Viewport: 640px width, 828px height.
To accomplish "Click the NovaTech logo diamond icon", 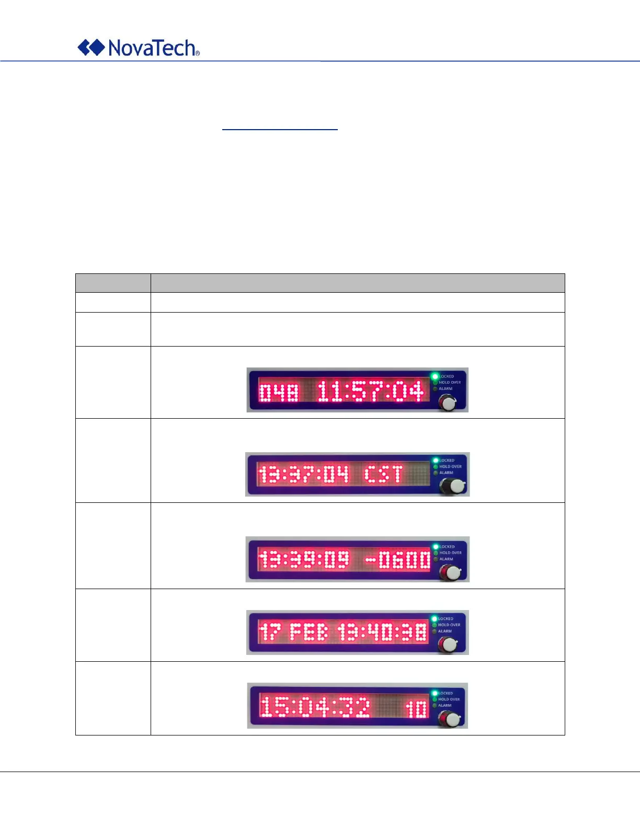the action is click(91, 48).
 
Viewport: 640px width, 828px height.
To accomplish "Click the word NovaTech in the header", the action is click(152, 48).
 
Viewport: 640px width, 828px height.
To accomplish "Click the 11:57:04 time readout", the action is click(370, 392).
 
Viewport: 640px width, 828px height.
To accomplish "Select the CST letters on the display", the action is click(383, 475).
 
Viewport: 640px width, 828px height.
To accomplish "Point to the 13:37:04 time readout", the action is click(303, 475).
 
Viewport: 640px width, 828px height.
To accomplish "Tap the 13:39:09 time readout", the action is click(304, 560).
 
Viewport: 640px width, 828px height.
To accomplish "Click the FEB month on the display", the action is click(309, 632).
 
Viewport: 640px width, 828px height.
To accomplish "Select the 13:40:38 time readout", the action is click(382, 632).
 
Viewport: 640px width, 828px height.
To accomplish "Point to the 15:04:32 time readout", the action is click(315, 707).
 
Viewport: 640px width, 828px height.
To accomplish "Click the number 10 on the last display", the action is click(417, 709).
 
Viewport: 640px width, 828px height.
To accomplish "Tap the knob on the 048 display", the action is click(448, 402).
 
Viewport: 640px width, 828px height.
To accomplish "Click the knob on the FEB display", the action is click(448, 645).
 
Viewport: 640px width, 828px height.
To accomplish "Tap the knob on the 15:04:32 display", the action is click(452, 719).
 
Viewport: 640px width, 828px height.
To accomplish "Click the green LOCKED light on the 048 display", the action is click(435, 376).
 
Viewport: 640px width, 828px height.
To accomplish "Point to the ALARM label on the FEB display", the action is click(445, 631).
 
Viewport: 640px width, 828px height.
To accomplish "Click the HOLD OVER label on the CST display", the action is click(450, 467).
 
